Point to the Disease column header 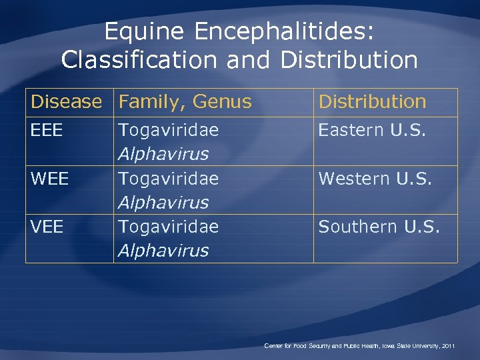click(x=67, y=102)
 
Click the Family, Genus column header click(x=185, y=102)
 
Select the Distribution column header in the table click(x=372, y=102)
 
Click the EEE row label click(x=47, y=131)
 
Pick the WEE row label click(x=49, y=179)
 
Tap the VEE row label click(x=47, y=227)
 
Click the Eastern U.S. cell click(x=371, y=131)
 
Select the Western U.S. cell click(x=375, y=179)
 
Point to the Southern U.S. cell click(x=379, y=227)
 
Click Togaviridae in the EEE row click(x=168, y=131)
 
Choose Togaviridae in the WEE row click(x=168, y=179)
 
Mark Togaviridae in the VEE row click(x=168, y=227)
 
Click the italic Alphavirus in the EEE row click(x=163, y=154)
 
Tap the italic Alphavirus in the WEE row click(x=163, y=202)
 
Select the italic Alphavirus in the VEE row click(x=163, y=251)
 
